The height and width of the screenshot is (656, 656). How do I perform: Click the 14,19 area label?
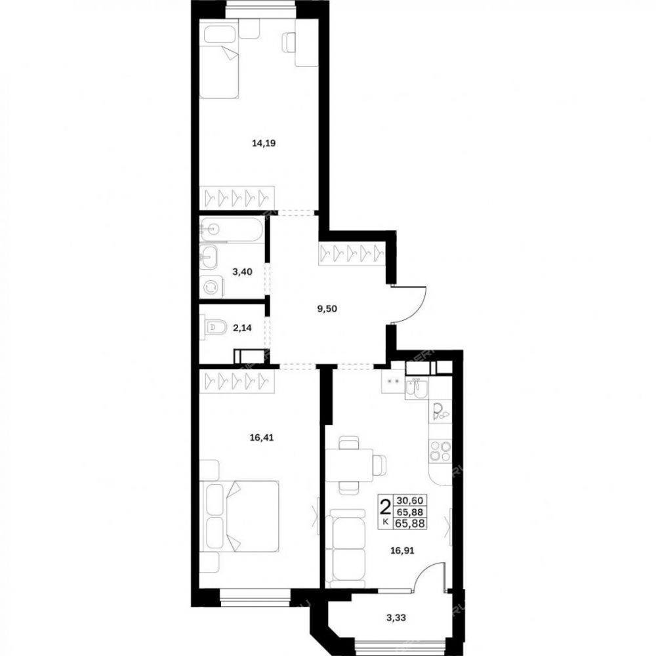pos(264,144)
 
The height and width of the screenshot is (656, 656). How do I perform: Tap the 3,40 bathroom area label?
pos(242,272)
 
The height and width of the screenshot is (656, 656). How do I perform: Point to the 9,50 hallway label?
pos(327,309)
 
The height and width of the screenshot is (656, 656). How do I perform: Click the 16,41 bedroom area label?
pos(262,438)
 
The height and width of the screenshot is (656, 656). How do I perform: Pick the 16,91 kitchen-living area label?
pos(402,550)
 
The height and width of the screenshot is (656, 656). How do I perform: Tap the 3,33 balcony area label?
pos(396,617)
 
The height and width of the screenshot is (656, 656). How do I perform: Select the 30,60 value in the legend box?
pos(411,500)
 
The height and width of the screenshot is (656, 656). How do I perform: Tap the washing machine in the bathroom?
pos(212,287)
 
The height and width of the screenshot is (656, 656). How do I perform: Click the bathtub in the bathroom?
pos(232,229)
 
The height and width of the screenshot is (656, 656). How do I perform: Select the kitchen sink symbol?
pos(417,388)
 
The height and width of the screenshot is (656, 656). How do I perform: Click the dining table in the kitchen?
pos(350,465)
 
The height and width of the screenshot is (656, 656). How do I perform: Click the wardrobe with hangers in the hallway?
pos(352,254)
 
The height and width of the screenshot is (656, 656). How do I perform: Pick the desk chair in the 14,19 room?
pos(289,43)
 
